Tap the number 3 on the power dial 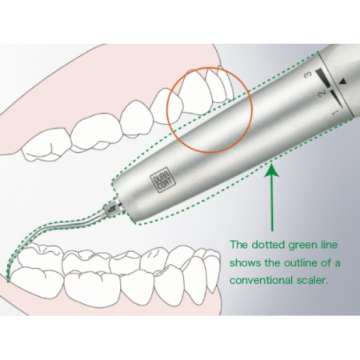(309, 75)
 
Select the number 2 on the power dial (322, 94)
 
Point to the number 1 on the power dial (335, 113)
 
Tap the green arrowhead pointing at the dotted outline (272, 170)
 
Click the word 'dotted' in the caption (269, 245)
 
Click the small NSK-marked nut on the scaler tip (110, 210)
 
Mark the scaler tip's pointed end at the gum (8, 281)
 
